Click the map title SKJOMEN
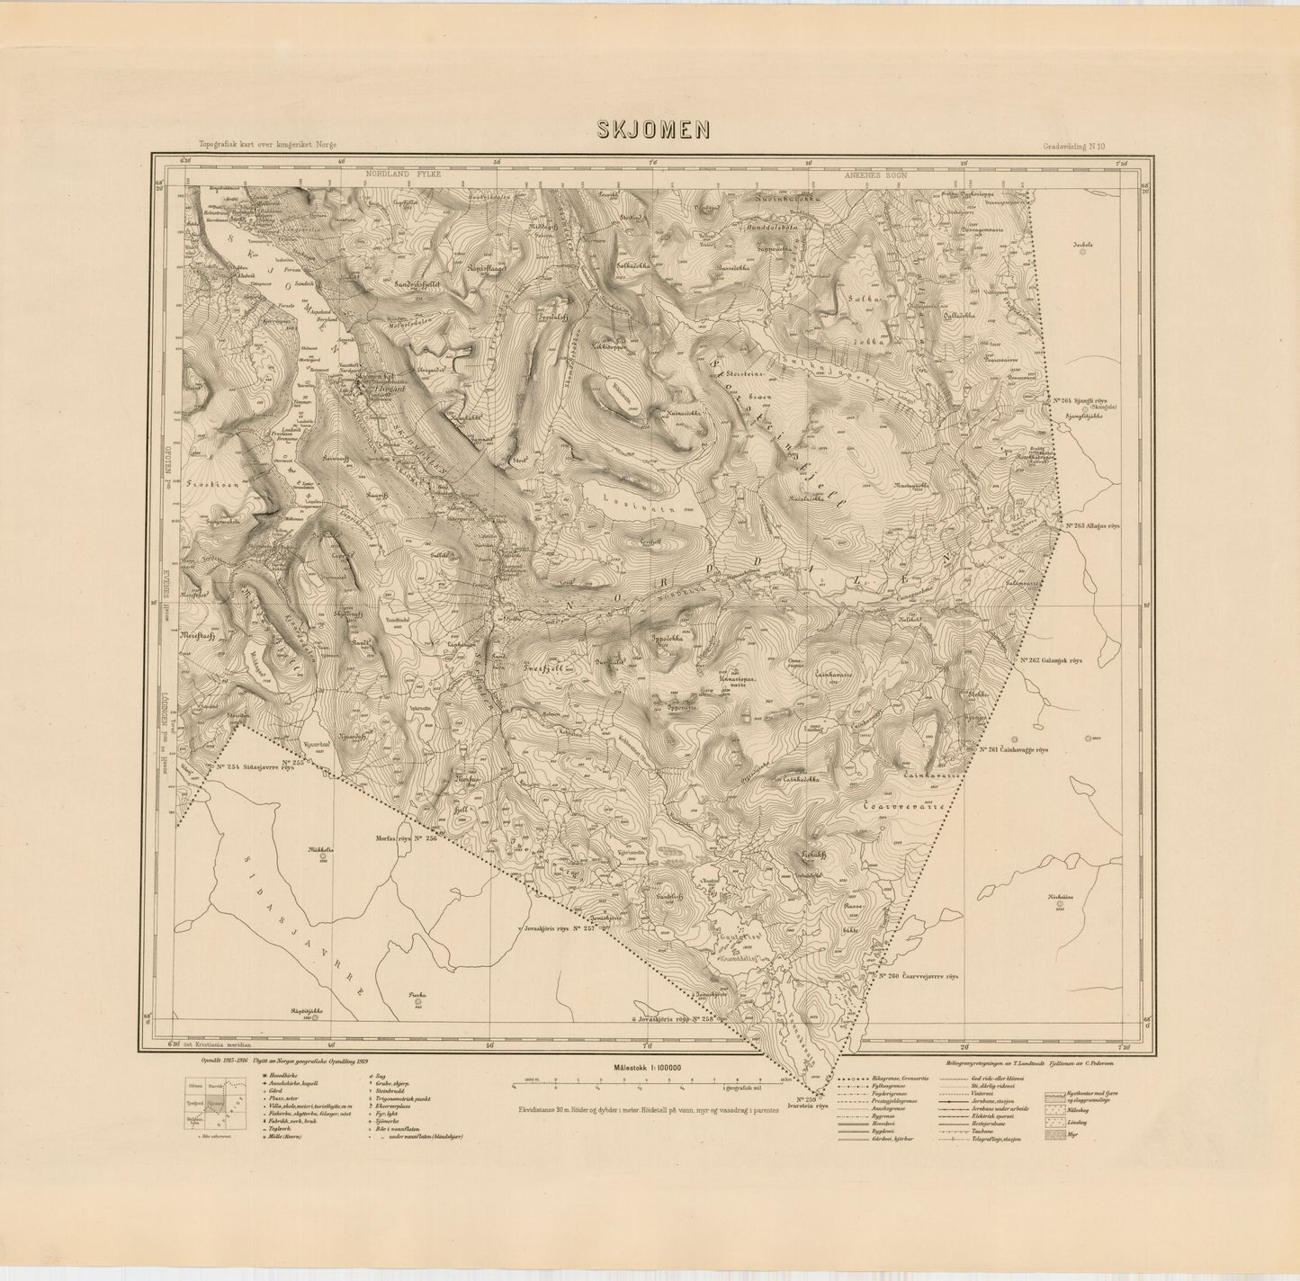654,130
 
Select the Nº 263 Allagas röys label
1090,526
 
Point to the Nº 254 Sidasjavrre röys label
256,767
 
